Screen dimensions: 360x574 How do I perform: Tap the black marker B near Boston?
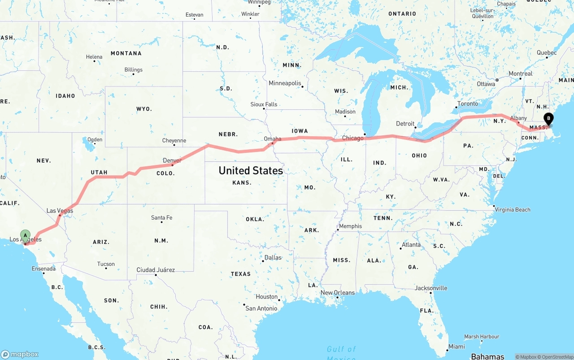[x=548, y=119]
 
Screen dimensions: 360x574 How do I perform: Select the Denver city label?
[x=172, y=160]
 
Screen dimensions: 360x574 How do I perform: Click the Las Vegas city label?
[x=60, y=211]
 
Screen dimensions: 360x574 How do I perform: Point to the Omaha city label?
[x=273, y=139]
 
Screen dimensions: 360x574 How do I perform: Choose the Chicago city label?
[x=353, y=138]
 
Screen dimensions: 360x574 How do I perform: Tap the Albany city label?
[x=519, y=118]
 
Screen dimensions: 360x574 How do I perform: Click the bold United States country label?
[x=251, y=170]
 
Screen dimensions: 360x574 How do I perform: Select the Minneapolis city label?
[x=285, y=83]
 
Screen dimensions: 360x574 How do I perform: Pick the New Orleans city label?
[x=338, y=293]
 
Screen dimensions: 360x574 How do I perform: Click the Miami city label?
[x=457, y=347]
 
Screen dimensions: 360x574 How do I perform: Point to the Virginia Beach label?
[x=512, y=209]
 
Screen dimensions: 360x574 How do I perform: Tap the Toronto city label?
[x=468, y=104]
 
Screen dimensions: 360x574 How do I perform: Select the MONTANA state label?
[x=126, y=53]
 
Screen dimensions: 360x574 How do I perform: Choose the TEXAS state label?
[x=241, y=274]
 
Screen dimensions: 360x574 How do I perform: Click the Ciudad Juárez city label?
[x=156, y=270]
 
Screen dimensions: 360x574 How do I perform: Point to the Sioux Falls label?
[x=264, y=104]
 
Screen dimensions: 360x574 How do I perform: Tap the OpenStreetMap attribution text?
[x=557, y=357]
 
